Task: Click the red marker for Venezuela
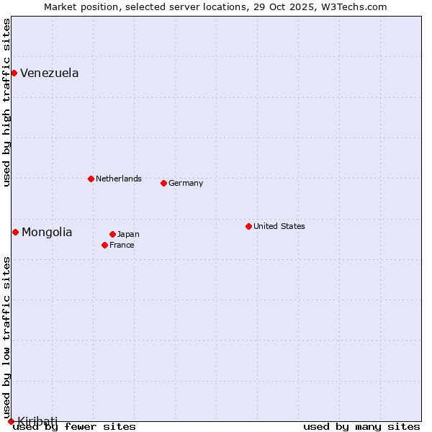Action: [x=14, y=73]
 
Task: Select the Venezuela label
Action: [x=49, y=73]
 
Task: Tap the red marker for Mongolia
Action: [x=15, y=232]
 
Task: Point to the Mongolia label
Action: [x=47, y=232]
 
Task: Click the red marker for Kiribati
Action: [x=11, y=421]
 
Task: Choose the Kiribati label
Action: [x=37, y=420]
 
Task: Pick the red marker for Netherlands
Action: [x=91, y=179]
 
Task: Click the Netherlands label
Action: [x=118, y=179]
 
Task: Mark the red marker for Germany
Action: [x=163, y=183]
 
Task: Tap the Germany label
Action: [x=186, y=183]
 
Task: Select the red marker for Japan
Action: [x=112, y=234]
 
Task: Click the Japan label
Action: [x=128, y=234]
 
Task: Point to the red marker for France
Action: [x=104, y=245]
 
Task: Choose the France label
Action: [x=122, y=245]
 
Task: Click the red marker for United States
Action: [x=248, y=226]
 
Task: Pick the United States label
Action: [x=279, y=226]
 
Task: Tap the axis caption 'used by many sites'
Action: [x=361, y=426]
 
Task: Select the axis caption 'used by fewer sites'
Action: [x=74, y=426]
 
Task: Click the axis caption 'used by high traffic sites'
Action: [x=6, y=102]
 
